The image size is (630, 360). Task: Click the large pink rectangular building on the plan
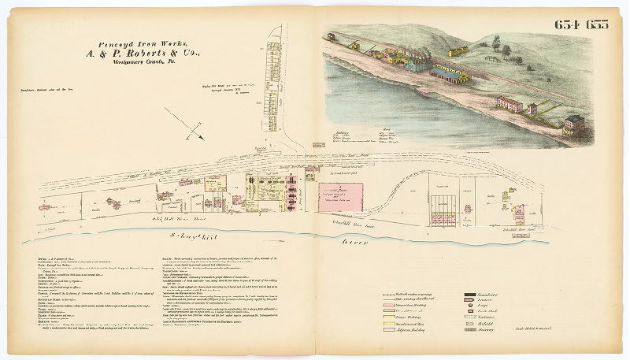339,196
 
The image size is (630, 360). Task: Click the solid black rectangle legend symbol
472,295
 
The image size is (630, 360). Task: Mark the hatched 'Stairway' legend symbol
472,330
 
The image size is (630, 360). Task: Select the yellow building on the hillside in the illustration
458,51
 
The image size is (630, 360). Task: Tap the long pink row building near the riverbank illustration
510,103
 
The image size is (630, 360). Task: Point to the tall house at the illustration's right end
574,124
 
